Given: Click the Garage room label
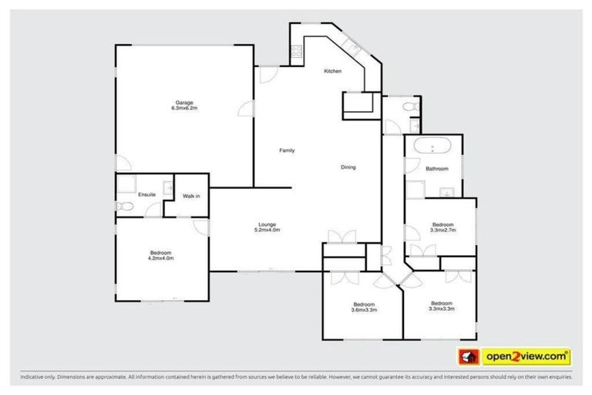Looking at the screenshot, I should coord(183,103).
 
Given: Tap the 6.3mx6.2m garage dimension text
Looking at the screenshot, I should coord(184,108).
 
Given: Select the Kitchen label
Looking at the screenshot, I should coord(332,71).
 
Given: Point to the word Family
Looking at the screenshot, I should coord(287,150).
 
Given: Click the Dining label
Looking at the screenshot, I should coord(348,167).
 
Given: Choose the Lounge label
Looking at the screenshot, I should coord(267,225).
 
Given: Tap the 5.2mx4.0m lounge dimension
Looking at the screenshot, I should coord(267,230).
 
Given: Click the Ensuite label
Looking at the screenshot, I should coord(146,194).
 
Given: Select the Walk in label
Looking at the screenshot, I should coord(191,196).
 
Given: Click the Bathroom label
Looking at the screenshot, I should coord(437,168).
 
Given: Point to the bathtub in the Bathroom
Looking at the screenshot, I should coord(433,147).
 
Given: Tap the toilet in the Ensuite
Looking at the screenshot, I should coord(123,206).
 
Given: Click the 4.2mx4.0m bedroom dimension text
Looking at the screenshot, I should coord(161,258).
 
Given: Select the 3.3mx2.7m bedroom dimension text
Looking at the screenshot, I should coord(443,230).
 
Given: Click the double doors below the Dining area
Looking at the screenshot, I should coord(340,237).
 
